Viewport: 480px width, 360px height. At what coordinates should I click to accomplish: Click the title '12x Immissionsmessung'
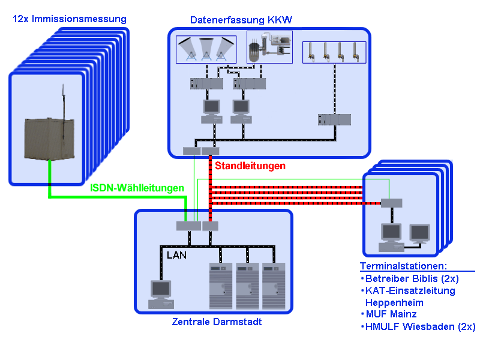tap(70, 19)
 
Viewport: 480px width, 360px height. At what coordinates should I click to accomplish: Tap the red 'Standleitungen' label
tap(250, 166)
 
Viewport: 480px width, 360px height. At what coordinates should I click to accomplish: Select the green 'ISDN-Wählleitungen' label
tap(137, 188)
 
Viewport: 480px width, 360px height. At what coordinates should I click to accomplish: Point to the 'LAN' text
tap(176, 255)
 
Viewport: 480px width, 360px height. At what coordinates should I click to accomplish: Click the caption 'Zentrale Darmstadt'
tap(217, 322)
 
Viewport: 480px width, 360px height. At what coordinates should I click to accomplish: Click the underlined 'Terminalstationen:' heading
tap(404, 266)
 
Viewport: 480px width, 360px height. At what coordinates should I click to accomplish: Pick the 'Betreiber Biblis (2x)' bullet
tap(410, 278)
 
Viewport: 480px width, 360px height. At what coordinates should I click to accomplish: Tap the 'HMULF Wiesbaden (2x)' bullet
tap(419, 326)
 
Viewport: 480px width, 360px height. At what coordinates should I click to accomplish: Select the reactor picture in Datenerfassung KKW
tap(269, 46)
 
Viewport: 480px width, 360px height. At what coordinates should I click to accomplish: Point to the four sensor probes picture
tap(333, 52)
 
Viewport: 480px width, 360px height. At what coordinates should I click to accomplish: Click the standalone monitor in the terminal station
tap(419, 235)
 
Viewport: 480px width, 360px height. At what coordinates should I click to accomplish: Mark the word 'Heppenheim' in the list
tap(394, 302)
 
